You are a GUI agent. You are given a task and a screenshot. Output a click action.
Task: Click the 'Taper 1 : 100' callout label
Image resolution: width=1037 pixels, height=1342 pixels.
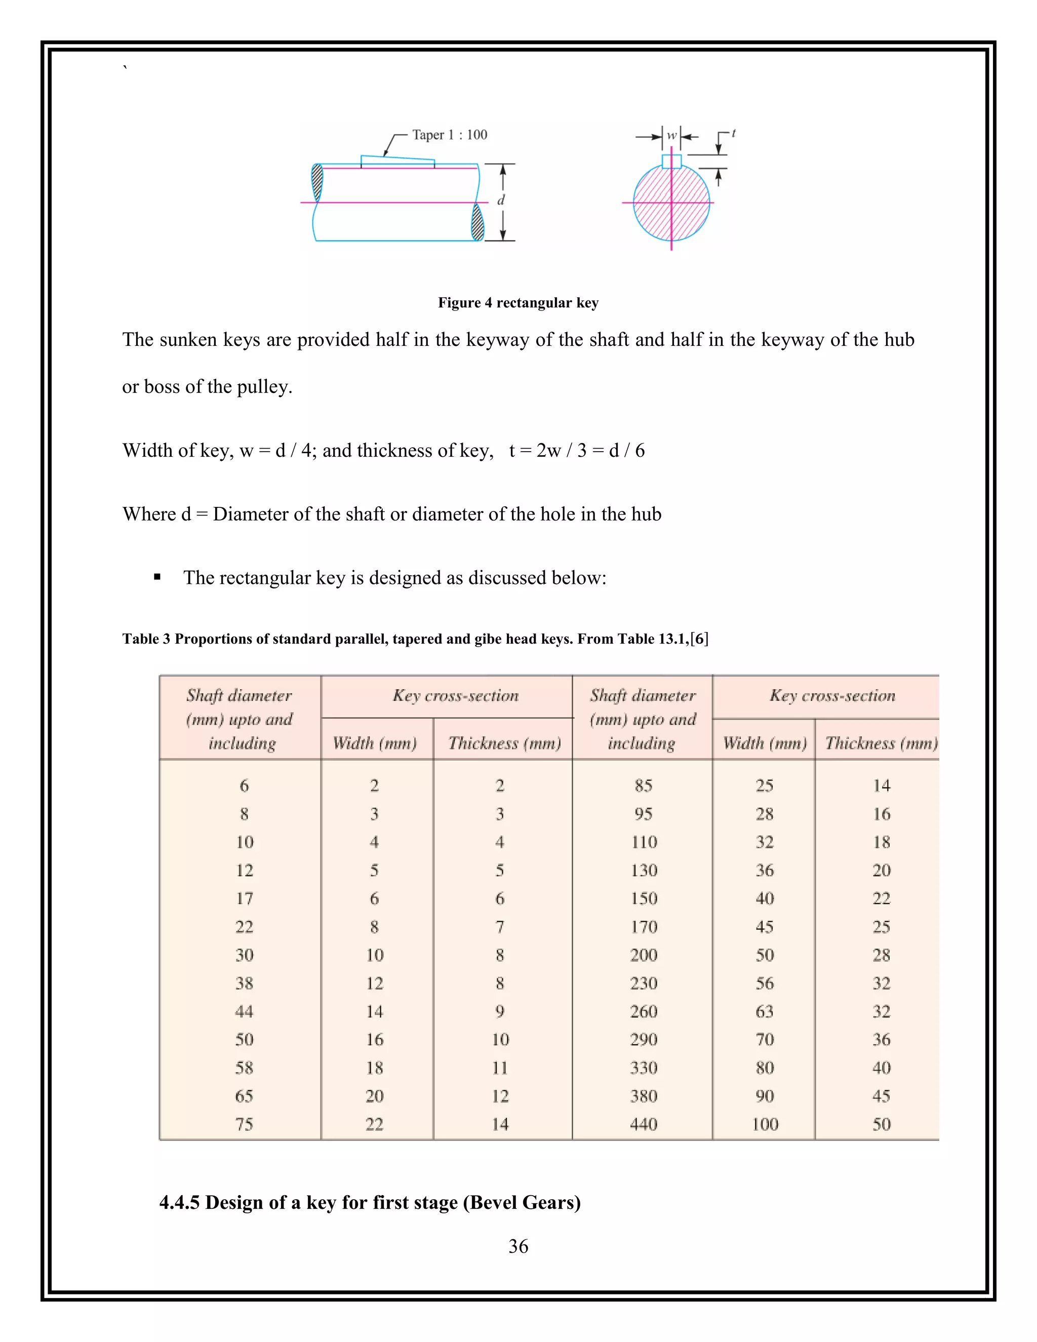pos(449,135)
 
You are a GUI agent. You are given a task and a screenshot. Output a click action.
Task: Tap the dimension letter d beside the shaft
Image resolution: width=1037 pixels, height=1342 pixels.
pos(501,201)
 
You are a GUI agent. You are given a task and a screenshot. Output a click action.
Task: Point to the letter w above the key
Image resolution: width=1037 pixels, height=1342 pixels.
pos(671,135)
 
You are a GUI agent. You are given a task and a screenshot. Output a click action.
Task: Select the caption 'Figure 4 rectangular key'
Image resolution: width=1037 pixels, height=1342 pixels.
pos(518,302)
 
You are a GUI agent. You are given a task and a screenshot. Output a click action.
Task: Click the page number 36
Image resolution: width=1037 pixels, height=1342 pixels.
pos(518,1246)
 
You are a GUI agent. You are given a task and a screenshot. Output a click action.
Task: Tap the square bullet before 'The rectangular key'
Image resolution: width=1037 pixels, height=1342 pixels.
pos(157,577)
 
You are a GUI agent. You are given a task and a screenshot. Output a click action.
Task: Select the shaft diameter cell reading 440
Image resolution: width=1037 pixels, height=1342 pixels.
pos(643,1124)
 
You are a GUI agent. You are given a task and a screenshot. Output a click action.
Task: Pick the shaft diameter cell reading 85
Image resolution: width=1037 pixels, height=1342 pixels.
pos(643,785)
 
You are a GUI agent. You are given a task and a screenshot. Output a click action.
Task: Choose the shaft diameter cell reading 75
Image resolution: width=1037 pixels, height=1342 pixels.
pos(244,1124)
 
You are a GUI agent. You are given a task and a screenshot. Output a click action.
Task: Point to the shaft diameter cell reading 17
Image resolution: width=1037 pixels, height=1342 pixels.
pos(244,898)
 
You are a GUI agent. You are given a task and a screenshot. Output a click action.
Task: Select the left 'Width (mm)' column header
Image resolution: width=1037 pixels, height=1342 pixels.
pos(375,743)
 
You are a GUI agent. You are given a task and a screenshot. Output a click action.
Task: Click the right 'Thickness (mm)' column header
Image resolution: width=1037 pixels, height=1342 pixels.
pos(881,743)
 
